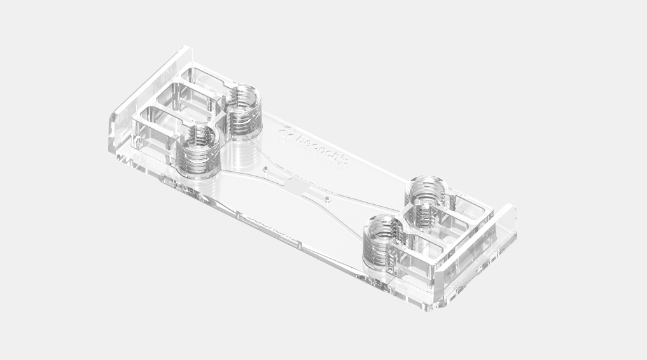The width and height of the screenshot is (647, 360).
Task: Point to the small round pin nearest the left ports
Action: [264, 169]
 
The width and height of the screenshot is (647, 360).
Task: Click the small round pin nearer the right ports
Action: [327, 198]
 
